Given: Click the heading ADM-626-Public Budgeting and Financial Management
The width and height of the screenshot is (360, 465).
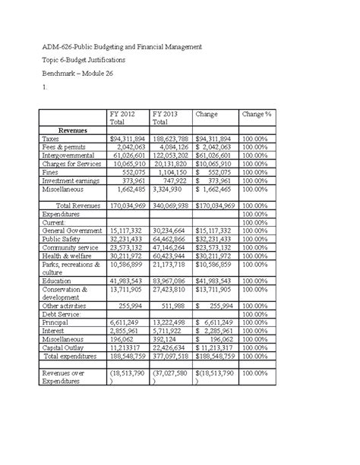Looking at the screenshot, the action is (121, 47).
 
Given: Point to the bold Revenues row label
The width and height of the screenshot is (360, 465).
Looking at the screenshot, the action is (72, 130).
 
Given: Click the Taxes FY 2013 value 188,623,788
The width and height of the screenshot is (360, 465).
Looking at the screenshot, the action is (171, 140).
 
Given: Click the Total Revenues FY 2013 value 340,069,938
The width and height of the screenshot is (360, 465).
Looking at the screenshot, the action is (171, 205).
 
